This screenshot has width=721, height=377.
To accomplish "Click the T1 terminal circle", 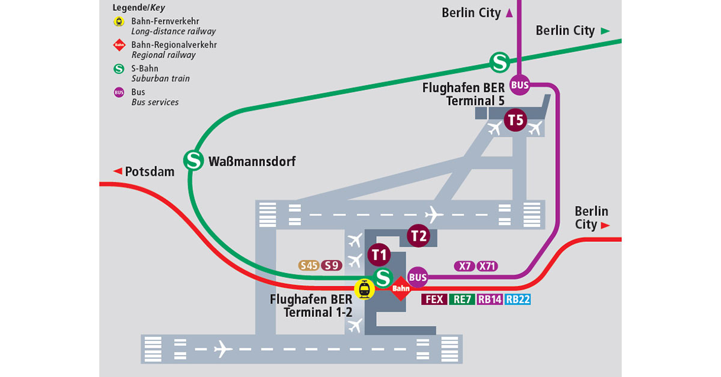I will pyautogui.click(x=379, y=255).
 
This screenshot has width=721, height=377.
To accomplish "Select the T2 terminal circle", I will pyautogui.click(x=419, y=235).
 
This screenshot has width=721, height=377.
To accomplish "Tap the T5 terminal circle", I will pyautogui.click(x=516, y=120).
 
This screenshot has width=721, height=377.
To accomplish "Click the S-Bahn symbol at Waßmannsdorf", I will pyautogui.click(x=193, y=160).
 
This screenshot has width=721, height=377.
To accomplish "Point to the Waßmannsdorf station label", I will pyautogui.click(x=252, y=161).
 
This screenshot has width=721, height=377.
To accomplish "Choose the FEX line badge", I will pyautogui.click(x=434, y=299).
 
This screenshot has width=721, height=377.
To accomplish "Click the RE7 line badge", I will pyautogui.click(x=461, y=299).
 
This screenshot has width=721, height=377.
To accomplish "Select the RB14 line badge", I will pyautogui.click(x=490, y=299).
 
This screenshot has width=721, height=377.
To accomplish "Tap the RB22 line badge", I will pyautogui.click(x=518, y=299).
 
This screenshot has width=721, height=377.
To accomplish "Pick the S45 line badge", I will pyautogui.click(x=309, y=265).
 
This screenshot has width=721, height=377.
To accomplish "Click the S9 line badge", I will pyautogui.click(x=332, y=265).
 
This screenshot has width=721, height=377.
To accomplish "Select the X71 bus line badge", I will pyautogui.click(x=487, y=266).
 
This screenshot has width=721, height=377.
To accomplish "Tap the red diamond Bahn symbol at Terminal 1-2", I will pyautogui.click(x=401, y=289).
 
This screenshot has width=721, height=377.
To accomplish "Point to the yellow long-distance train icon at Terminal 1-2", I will pyautogui.click(x=364, y=289).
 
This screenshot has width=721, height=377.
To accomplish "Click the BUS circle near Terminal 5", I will pyautogui.click(x=520, y=85).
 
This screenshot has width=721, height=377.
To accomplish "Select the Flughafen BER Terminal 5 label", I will pyautogui.click(x=463, y=94).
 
